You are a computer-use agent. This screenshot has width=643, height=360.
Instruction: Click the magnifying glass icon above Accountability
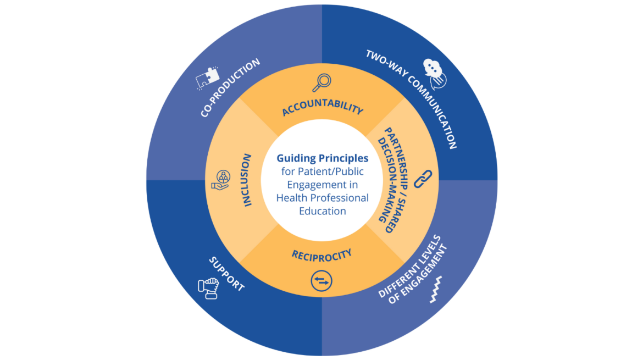(321, 82)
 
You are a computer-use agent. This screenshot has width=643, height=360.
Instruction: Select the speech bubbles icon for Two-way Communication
(435, 73)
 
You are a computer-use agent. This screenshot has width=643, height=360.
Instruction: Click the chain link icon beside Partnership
(423, 179)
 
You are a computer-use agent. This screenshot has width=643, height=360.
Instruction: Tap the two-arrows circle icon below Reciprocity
(321, 280)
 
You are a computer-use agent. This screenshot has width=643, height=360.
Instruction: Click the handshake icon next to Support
(208, 287)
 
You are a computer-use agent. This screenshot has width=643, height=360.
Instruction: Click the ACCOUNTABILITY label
(323, 109)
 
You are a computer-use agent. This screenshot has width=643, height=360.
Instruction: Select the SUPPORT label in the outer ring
(226, 273)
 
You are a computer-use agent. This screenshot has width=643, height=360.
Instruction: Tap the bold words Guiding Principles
(323, 158)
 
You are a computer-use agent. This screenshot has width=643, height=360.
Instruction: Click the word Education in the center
(323, 211)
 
